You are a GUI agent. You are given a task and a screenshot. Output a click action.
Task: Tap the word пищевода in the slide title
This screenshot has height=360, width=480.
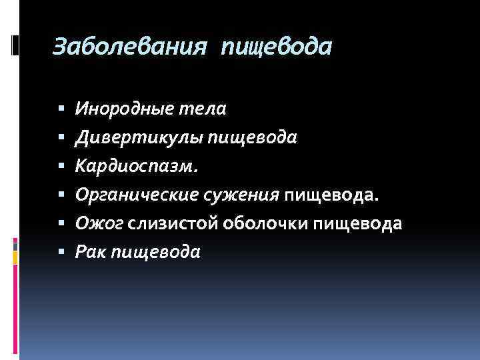point(277,48)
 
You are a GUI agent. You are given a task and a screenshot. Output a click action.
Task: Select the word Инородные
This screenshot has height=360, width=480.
point(125,109)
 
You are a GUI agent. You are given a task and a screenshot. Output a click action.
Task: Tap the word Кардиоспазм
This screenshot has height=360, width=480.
point(137,166)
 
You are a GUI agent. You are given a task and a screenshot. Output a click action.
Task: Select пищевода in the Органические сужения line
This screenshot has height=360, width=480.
point(332,195)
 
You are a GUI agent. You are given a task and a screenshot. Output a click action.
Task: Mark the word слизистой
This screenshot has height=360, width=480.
point(166,223)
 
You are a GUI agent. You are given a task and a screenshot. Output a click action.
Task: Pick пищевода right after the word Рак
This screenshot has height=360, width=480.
point(155,253)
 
